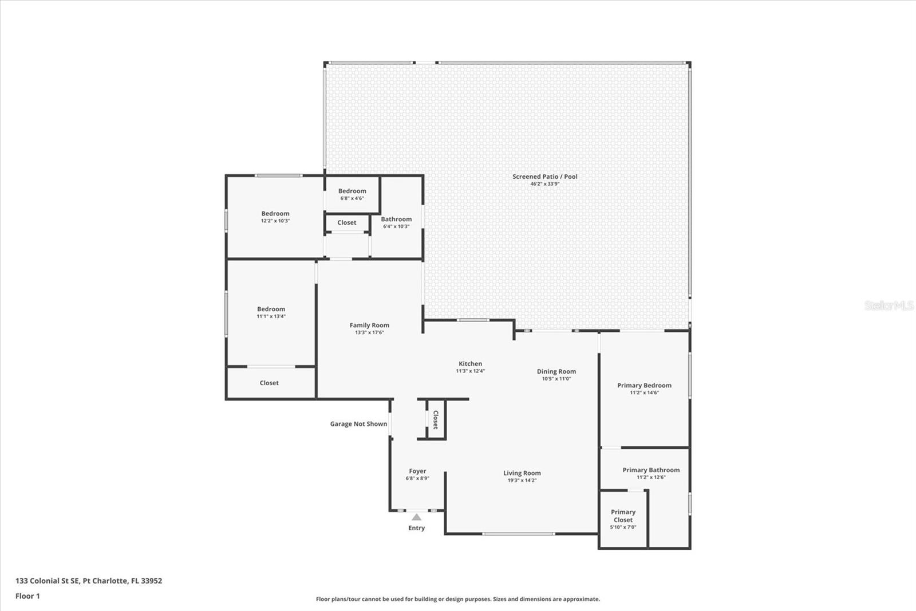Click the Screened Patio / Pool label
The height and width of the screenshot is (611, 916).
pos(544,177)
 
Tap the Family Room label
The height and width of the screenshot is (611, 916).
pos(369,325)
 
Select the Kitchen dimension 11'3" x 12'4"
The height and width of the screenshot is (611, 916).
pos(470,371)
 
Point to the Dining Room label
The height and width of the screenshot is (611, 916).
pos(556,371)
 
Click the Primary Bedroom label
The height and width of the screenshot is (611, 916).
pos(644,385)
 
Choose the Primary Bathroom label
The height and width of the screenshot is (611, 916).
pos(651,470)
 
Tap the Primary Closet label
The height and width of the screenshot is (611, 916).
pos(623,516)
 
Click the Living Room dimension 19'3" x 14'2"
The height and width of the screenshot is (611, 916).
pos(522,480)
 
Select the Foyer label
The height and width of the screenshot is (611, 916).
pos(417,471)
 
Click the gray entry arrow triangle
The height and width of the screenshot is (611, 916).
pos(417,517)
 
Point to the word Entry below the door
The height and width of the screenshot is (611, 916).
pos(416,528)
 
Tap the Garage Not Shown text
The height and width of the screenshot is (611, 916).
pos(358,424)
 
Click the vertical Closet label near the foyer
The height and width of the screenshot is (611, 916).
pos(435,420)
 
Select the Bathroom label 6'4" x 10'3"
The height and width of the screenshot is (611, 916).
pos(396,219)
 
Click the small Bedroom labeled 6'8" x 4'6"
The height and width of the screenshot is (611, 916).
pos(352,191)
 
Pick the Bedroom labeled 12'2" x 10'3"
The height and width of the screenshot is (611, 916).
pos(275,213)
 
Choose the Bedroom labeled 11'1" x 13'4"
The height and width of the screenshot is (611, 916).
pos(271,309)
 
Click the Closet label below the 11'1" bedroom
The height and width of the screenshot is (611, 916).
pos(269,383)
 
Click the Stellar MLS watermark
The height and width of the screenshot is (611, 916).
pos(889,305)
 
